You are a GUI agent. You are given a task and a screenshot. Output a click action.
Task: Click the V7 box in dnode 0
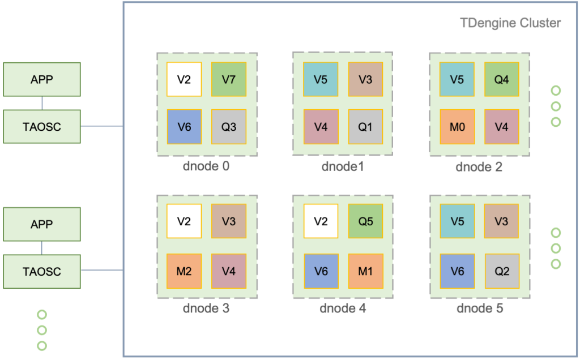click(x=229, y=79)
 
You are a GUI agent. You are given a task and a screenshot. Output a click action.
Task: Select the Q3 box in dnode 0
click(x=229, y=126)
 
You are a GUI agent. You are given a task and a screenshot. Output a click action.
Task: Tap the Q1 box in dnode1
click(x=365, y=126)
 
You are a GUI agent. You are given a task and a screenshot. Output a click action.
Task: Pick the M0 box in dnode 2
click(x=457, y=126)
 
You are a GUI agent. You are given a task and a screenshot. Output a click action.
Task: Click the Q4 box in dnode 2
click(x=501, y=79)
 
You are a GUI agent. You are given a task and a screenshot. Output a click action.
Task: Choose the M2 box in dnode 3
click(x=184, y=271)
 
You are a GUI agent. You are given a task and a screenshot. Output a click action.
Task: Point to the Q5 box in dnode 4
click(x=365, y=222)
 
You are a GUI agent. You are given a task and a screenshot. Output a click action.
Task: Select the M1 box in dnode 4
click(x=365, y=271)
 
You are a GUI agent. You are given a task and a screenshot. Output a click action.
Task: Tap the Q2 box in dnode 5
click(x=501, y=271)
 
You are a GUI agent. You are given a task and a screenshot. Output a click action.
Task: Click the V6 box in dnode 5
click(x=457, y=271)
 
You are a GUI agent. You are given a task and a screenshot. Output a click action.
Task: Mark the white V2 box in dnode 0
click(x=184, y=79)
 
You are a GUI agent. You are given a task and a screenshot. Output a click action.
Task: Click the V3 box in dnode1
click(x=365, y=79)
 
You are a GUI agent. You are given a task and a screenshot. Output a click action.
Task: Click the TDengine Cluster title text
click(x=510, y=23)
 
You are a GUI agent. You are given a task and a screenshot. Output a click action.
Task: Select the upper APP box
click(x=42, y=79)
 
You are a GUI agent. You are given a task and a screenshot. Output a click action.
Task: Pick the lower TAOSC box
click(x=42, y=271)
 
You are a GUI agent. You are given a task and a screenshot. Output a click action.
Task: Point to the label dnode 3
click(x=206, y=308)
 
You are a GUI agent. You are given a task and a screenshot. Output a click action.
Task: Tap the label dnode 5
click(x=480, y=308)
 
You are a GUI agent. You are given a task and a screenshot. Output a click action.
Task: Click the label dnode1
click(x=343, y=166)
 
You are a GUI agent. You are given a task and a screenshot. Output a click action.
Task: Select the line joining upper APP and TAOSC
click(x=42, y=102)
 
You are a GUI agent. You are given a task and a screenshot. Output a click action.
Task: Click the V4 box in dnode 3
click(x=229, y=271)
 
